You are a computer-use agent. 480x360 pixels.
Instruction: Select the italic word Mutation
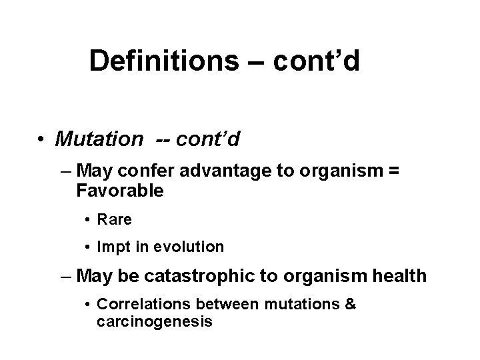coord(99,139)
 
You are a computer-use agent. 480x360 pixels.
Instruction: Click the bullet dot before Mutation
coord(41,139)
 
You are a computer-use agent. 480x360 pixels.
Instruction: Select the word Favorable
coord(120,191)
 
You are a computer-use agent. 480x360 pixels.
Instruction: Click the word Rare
coord(115,219)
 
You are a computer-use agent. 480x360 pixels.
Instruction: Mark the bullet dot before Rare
coord(88,219)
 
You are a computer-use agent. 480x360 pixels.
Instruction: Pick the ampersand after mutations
coord(351,304)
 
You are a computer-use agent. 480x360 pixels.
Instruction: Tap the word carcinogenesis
coord(154,322)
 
